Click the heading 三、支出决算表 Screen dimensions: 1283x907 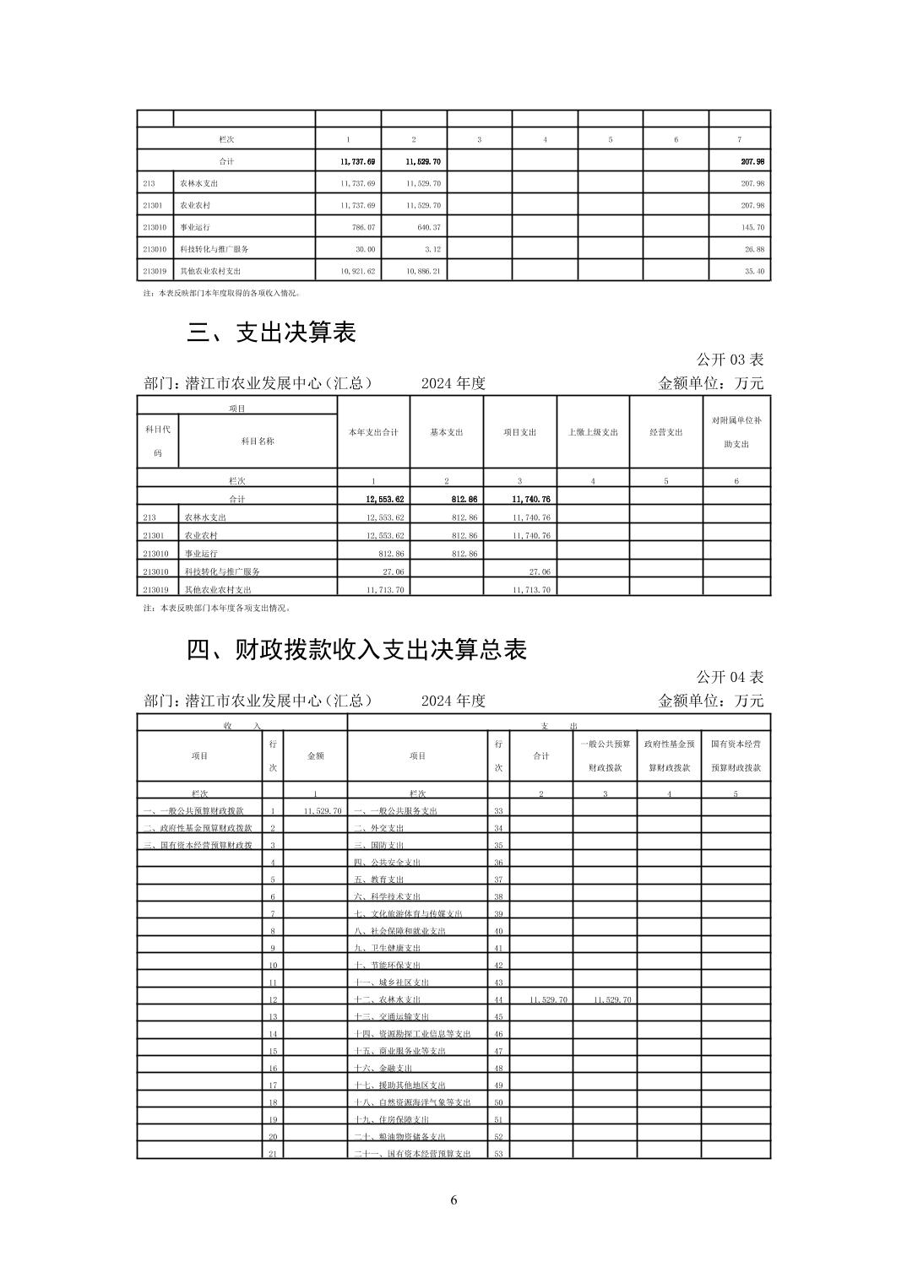click(271, 333)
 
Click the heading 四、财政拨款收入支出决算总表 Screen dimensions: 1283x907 click(356, 649)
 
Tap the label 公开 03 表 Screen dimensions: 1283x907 click(730, 360)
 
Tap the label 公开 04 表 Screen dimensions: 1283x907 click(730, 677)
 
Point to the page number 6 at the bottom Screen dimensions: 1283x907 click(453, 1200)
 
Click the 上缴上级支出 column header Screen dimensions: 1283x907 click(593, 432)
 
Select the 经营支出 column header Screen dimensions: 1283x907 click(665, 432)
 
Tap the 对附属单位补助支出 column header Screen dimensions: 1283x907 click(736, 431)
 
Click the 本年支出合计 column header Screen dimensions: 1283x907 click(373, 432)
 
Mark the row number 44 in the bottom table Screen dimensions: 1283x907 click(498, 999)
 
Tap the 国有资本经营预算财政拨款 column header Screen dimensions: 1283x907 click(736, 756)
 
